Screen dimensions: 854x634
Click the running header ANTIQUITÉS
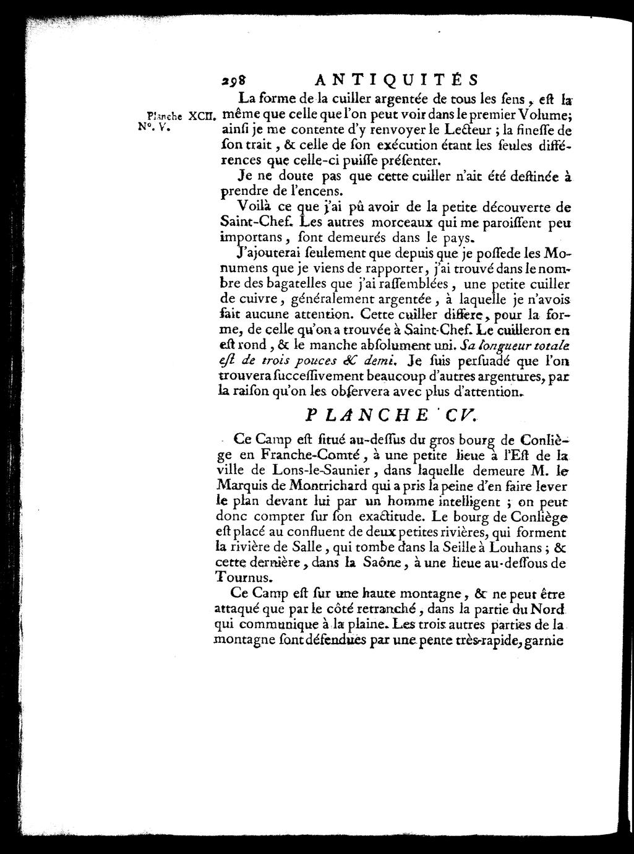point(396,80)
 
